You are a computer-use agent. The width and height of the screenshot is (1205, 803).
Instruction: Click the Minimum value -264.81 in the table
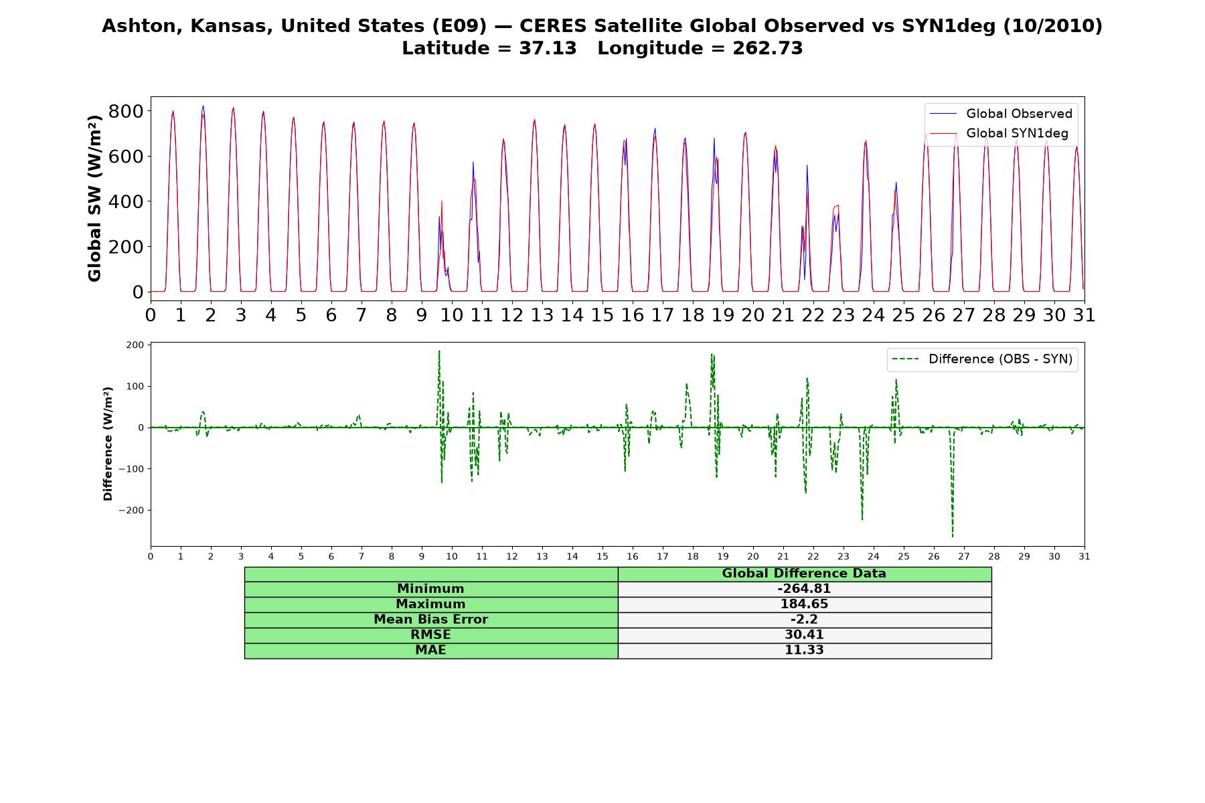click(x=804, y=589)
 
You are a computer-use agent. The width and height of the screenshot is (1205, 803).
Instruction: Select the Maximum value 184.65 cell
click(x=804, y=604)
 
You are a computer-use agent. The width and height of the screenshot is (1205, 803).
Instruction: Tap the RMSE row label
click(x=430, y=635)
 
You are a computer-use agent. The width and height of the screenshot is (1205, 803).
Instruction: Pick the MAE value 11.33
click(x=804, y=650)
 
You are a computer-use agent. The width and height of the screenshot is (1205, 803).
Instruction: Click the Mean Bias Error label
click(x=430, y=620)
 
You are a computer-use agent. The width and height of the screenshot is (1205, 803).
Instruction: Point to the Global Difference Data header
click(x=804, y=573)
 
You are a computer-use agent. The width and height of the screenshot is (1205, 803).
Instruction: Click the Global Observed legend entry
click(x=1001, y=114)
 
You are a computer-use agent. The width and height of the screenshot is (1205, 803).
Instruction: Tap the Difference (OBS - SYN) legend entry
click(x=982, y=359)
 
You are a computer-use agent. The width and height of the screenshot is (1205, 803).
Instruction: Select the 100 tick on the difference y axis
click(x=136, y=386)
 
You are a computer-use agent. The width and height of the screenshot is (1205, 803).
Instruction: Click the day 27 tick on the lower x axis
click(x=963, y=557)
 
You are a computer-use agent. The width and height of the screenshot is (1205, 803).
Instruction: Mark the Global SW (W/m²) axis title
click(x=94, y=199)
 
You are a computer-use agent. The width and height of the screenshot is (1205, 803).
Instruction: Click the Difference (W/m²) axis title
click(x=108, y=444)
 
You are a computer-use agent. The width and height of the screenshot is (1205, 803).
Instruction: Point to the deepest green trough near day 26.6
click(x=953, y=536)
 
